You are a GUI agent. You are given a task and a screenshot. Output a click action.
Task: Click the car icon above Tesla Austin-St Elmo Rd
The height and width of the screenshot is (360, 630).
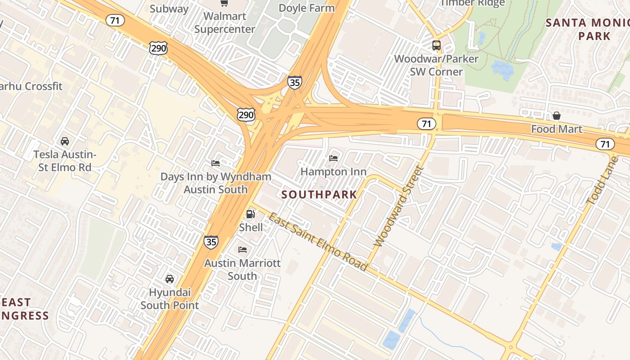coord(65,141)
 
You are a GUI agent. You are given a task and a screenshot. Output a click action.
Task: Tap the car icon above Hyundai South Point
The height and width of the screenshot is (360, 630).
coord(170,279)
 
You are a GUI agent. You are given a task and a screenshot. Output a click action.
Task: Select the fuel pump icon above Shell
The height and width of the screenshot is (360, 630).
coord(251,214)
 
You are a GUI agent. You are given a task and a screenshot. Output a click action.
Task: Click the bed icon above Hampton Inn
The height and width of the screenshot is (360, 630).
coord(333,158)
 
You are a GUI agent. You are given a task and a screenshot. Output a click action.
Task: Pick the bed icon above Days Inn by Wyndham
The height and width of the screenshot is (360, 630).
coord(216,163)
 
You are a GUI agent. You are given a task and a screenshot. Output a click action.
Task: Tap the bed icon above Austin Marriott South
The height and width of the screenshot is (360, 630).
coord(243,250)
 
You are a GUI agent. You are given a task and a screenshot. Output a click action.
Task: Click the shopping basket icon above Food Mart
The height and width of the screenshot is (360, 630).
coord(557,116)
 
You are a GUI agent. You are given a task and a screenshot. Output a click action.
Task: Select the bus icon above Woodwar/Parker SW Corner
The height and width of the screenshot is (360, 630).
coord(436,45)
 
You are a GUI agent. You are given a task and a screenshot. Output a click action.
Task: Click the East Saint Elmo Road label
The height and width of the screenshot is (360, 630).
coord(318,242)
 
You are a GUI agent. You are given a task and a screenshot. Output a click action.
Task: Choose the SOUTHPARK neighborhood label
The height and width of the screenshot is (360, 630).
coord(319,195)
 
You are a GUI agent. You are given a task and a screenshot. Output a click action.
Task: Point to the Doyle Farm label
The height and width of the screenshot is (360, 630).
coord(306,8)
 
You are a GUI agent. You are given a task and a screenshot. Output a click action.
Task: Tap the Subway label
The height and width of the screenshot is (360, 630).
coord(169,9)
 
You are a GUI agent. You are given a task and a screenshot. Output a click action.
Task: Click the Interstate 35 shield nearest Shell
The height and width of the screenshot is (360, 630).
coord(211,242)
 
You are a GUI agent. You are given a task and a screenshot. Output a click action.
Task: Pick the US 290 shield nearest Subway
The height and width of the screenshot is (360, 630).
coord(159,48)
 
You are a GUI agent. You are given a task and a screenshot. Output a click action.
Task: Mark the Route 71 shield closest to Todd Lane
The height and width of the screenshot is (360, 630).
coord(605,144)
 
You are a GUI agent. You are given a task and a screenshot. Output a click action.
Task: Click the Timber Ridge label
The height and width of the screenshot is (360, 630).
coord(472,3)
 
